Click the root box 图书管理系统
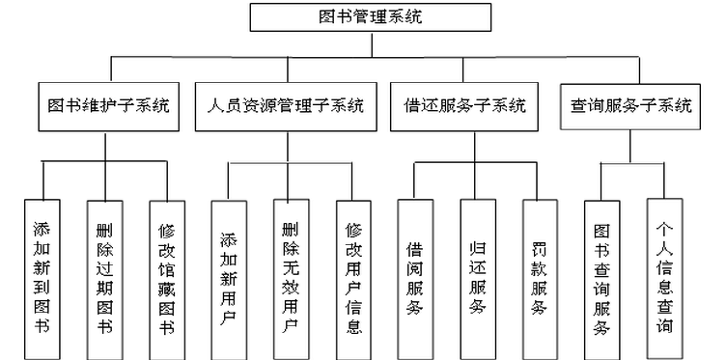(370, 16)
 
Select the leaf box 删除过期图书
(103, 278)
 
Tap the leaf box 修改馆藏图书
(166, 278)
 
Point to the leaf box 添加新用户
(228, 278)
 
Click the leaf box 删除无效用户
(291, 278)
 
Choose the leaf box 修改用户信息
(353, 278)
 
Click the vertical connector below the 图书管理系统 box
(370, 43)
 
